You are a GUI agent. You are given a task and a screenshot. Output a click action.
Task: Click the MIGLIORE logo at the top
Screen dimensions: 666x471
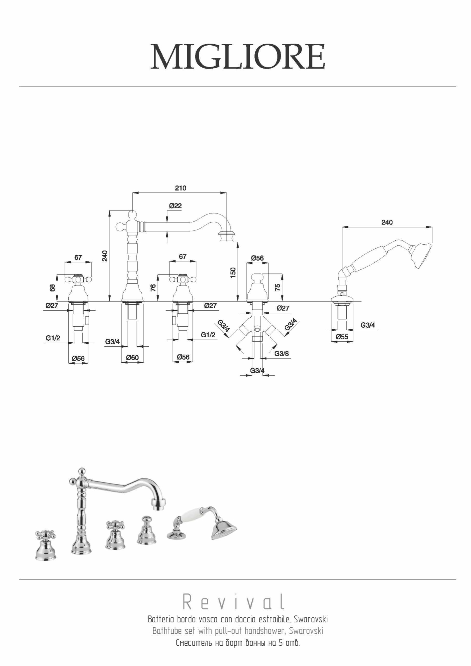[237, 57]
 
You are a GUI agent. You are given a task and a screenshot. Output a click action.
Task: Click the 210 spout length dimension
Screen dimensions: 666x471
[181, 188]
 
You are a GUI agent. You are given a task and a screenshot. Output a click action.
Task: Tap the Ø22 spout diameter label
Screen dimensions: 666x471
[175, 206]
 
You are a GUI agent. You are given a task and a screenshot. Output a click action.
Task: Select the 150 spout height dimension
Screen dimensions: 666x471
[233, 272]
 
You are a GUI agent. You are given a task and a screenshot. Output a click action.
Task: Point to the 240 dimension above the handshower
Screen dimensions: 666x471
[387, 222]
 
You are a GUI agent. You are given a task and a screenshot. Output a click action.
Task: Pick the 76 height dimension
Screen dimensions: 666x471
[153, 288]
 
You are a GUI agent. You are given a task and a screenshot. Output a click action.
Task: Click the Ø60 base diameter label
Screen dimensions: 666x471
[132, 358]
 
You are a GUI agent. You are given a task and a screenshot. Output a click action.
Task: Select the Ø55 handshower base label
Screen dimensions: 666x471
[342, 337]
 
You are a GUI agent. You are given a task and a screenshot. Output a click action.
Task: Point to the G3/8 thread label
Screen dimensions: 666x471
[281, 354]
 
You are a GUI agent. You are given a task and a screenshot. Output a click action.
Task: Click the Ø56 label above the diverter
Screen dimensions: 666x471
[257, 258]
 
